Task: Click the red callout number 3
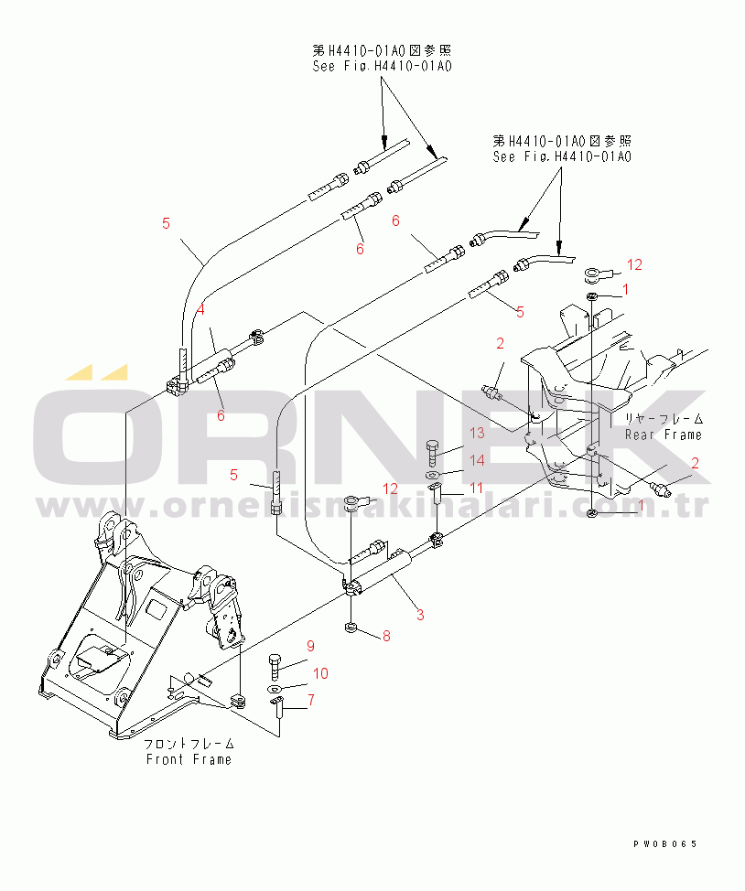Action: [420, 614]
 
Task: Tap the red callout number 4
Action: [200, 310]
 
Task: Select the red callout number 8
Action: [386, 636]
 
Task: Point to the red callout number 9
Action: [310, 646]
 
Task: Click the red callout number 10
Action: [320, 673]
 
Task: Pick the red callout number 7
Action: [311, 700]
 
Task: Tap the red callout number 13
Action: [477, 433]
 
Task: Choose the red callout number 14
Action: [477, 460]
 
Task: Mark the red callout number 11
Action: [476, 488]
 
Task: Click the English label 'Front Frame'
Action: [189, 759]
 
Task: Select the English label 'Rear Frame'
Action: [664, 435]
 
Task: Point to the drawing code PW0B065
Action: [664, 844]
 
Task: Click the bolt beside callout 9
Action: [275, 667]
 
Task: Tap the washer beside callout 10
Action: [275, 689]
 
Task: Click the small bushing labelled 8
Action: [351, 628]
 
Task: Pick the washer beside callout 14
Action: [433, 475]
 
